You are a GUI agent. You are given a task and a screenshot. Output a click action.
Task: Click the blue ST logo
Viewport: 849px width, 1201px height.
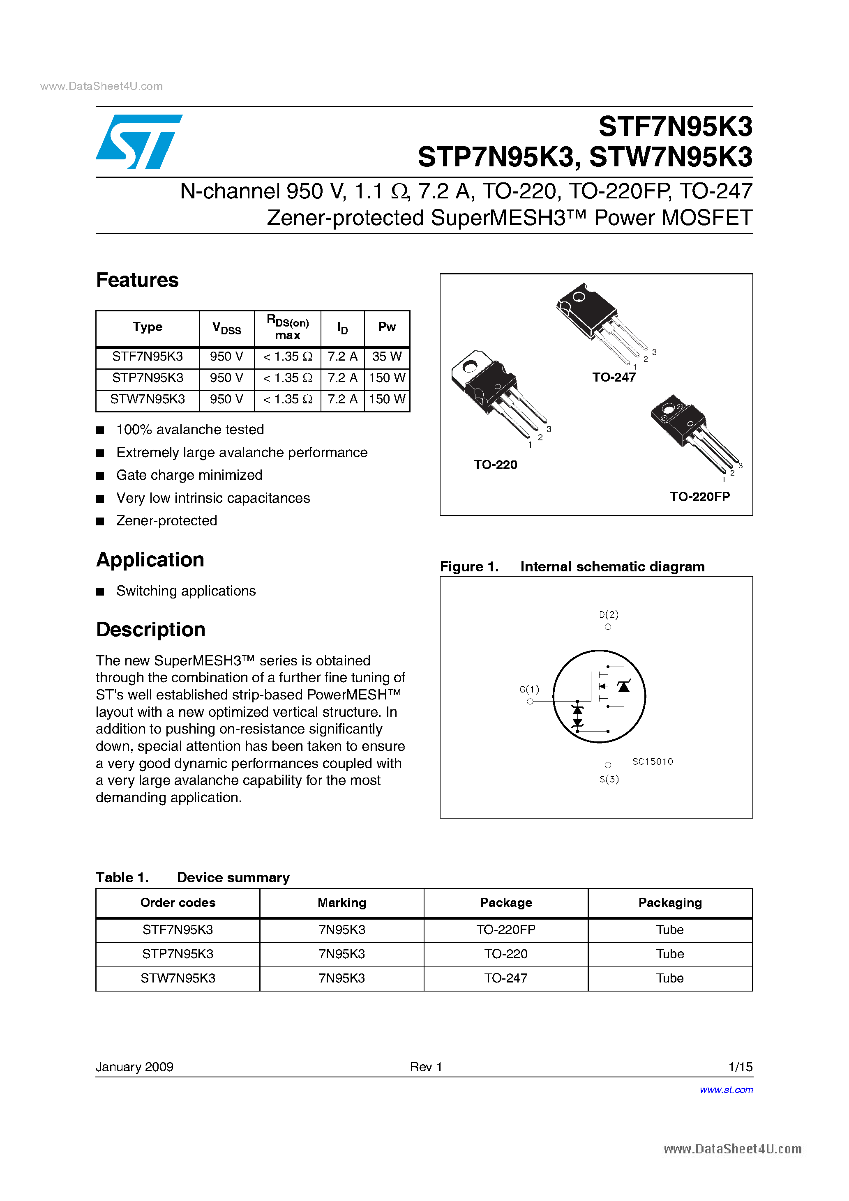tap(139, 142)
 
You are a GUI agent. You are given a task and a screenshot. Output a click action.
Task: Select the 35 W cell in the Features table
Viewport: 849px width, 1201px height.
tap(386, 357)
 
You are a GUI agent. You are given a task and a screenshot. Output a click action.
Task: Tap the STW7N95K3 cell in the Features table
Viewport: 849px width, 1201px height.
tap(147, 400)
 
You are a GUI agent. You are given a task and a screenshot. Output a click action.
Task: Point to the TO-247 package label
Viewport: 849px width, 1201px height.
tap(614, 377)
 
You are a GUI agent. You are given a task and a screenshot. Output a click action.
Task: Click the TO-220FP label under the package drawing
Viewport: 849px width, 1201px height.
tap(699, 497)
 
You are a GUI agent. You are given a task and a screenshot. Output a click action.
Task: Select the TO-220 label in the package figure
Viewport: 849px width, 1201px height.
tap(495, 465)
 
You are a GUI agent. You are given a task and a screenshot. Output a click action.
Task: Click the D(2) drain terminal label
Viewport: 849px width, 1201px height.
tap(608, 614)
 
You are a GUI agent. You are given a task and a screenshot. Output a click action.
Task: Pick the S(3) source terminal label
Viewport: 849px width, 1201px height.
tap(609, 780)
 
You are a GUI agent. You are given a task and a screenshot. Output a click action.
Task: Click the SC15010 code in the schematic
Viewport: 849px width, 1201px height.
tap(652, 762)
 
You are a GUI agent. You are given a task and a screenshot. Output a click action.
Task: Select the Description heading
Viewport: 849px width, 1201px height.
tap(150, 630)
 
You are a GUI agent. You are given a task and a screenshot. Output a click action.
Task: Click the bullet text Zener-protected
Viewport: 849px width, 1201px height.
tap(166, 521)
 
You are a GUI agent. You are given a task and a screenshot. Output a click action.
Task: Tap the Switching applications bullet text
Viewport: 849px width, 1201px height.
tap(186, 591)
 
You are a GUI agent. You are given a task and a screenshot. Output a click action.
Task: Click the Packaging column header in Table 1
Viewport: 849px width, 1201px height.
tap(669, 903)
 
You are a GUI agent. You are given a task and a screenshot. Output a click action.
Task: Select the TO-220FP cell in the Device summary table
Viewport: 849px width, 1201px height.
tap(505, 930)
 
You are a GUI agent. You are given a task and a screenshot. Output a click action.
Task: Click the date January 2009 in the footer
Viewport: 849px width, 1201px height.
tap(134, 1067)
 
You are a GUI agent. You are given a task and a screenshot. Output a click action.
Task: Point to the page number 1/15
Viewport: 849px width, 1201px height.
tap(740, 1067)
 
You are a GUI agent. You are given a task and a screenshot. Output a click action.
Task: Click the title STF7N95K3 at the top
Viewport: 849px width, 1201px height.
tap(675, 127)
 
